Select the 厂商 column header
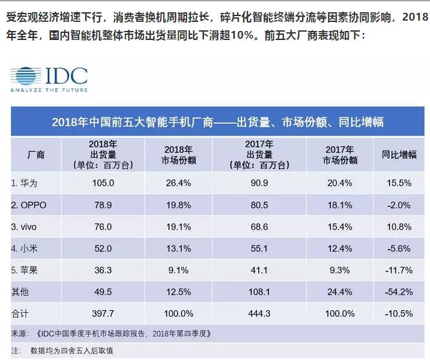tap(37, 155)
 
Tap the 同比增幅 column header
tap(398, 155)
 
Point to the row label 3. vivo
tap(30, 227)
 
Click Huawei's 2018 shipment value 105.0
tap(103, 183)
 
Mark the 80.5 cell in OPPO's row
tap(259, 205)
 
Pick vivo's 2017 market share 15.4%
tap(340, 227)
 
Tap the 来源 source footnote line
tap(110, 334)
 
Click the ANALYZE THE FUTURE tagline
tap(48, 90)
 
